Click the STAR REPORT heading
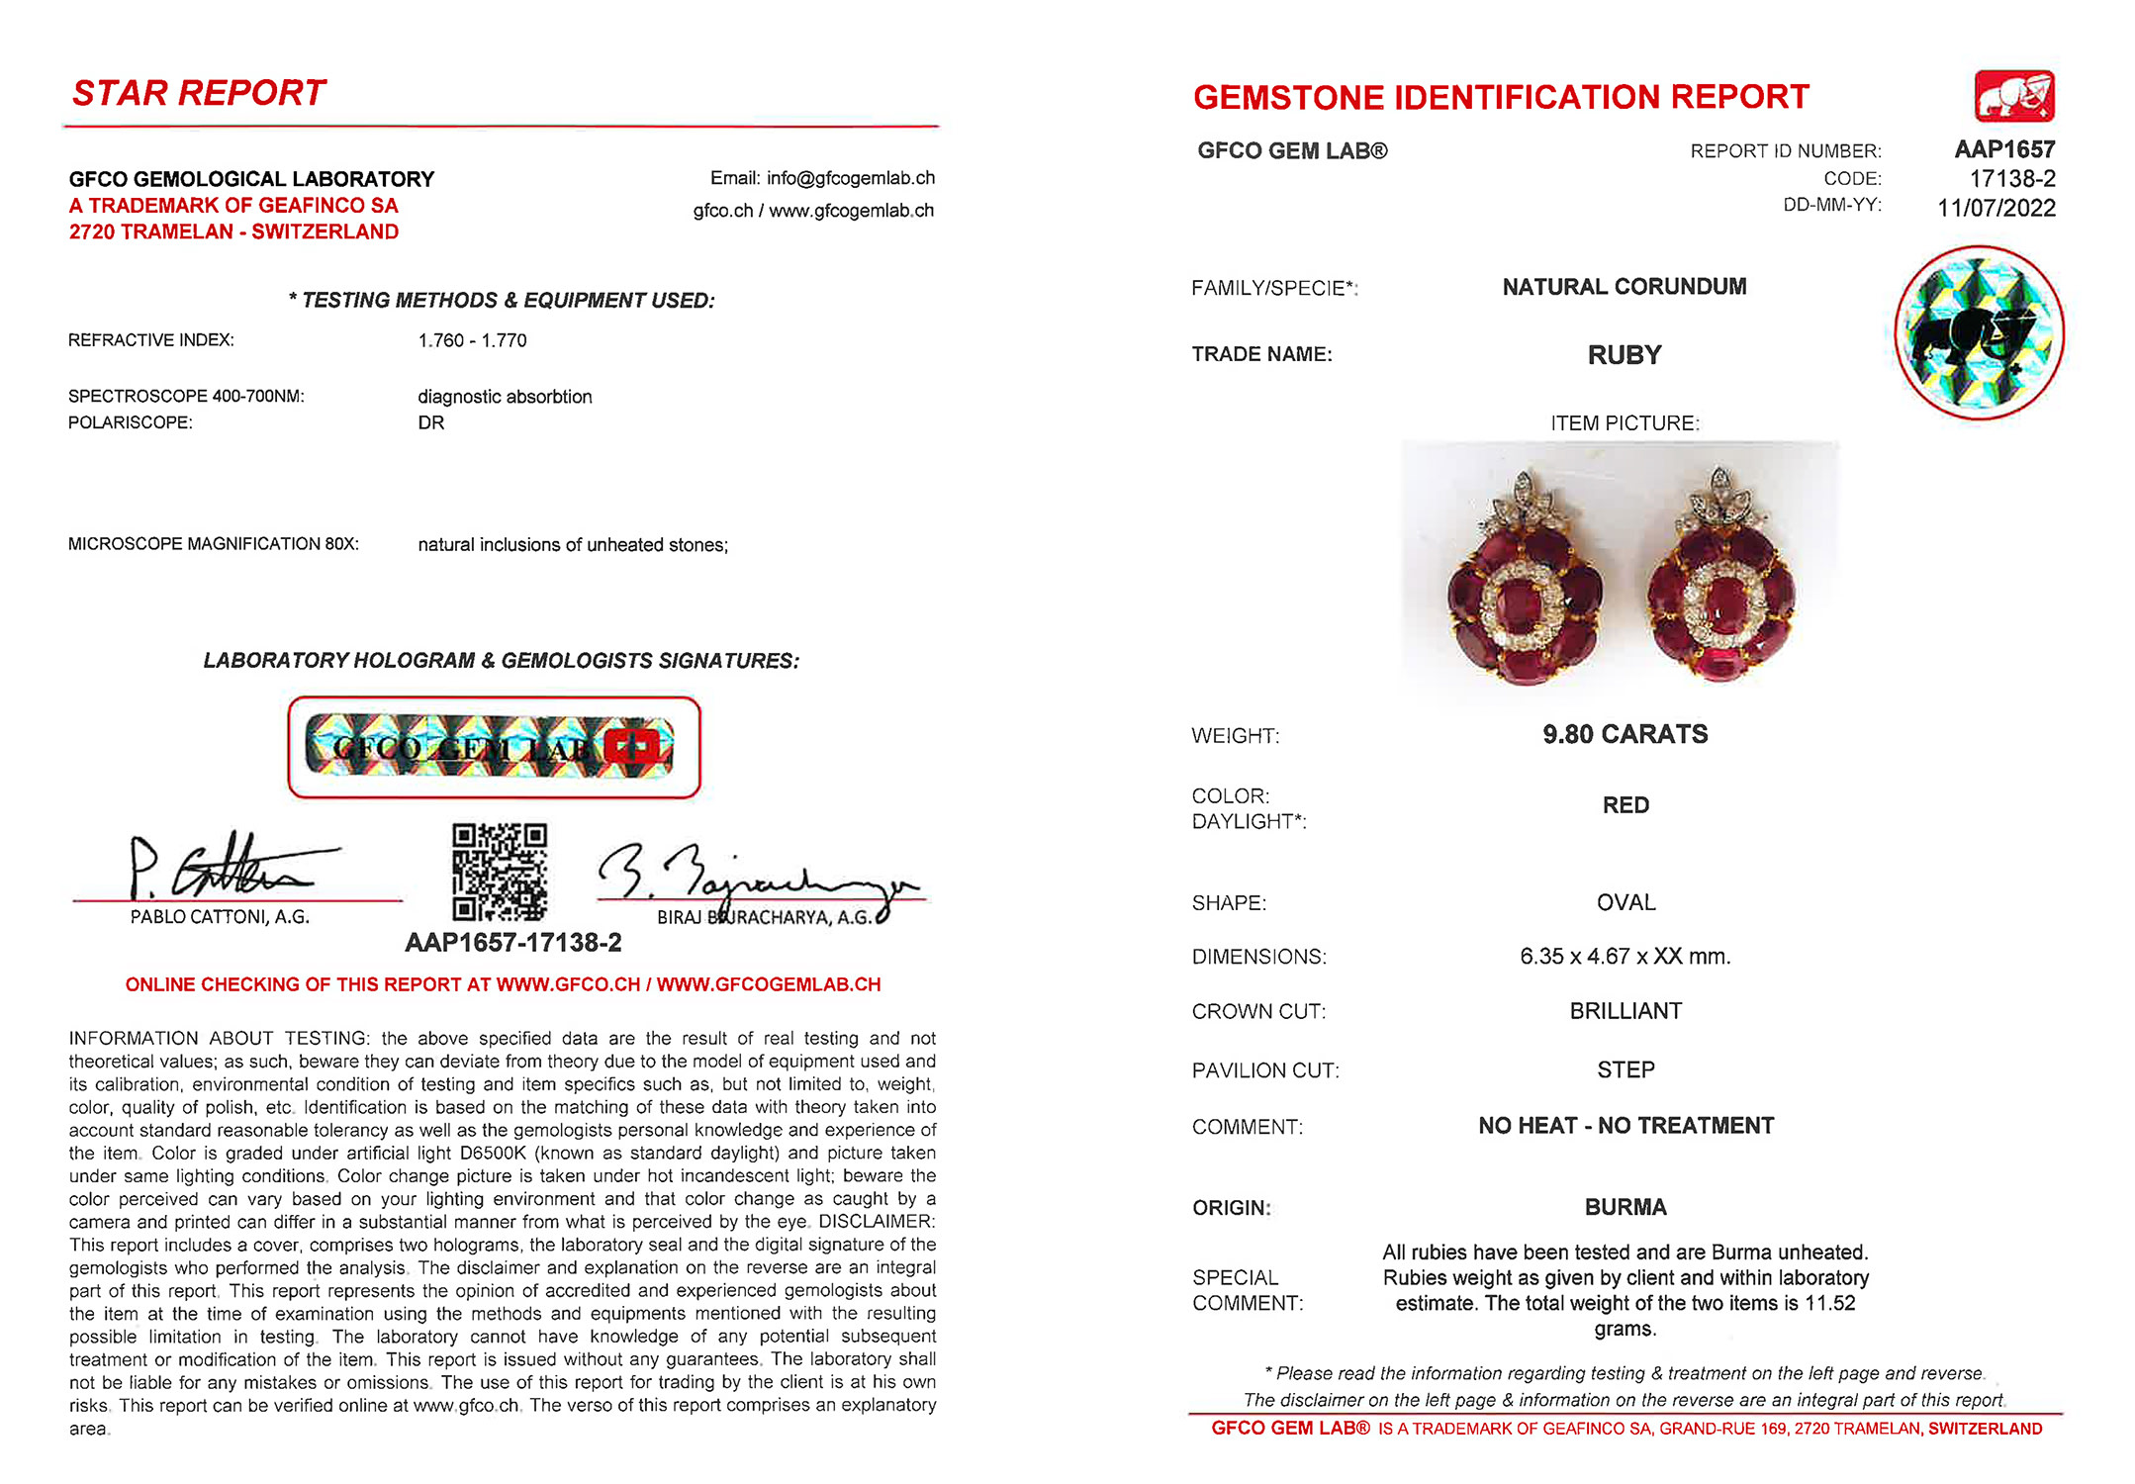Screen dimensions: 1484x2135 click(199, 93)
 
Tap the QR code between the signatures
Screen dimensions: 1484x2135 click(500, 872)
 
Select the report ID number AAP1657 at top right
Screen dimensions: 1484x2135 click(2004, 149)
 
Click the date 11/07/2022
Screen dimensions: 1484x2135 click(1996, 209)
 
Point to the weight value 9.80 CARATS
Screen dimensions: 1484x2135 click(1624, 734)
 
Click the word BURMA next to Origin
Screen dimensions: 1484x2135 click(1625, 1207)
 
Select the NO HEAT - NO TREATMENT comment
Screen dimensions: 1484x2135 click(1625, 1126)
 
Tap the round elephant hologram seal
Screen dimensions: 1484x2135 click(1979, 332)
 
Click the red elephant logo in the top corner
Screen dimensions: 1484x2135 click(2014, 96)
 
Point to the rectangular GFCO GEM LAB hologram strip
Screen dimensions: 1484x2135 click(494, 747)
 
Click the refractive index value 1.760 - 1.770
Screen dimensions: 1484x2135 click(472, 340)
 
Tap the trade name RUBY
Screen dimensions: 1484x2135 click(1624, 355)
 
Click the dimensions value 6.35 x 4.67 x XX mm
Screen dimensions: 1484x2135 click(1624, 957)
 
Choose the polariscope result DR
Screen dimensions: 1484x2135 click(431, 422)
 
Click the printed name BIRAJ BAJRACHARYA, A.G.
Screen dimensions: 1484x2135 click(765, 917)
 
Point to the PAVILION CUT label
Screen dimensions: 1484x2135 click(1265, 1070)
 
